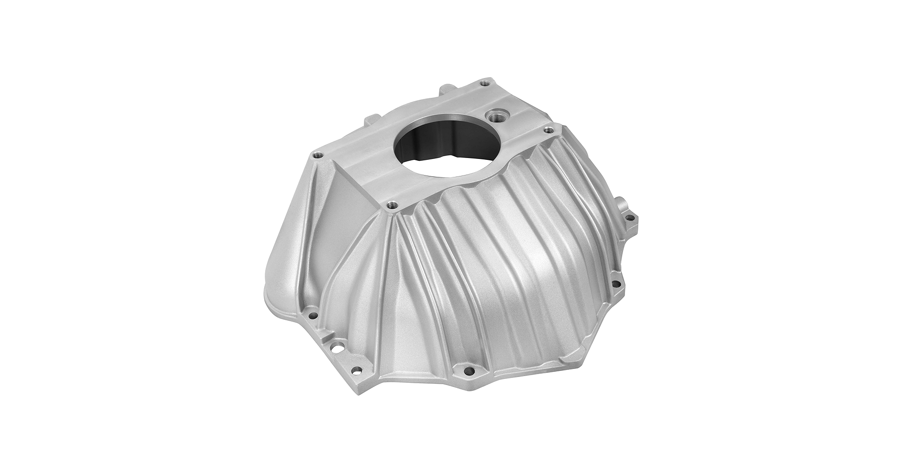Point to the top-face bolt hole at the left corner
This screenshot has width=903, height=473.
(x=315, y=154)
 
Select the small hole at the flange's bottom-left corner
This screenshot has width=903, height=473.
(x=357, y=369)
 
